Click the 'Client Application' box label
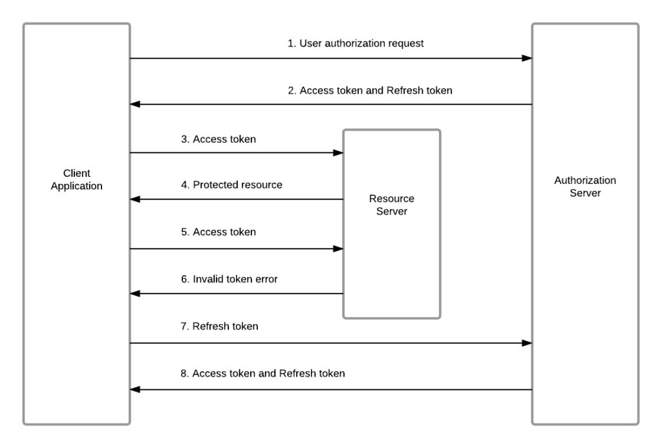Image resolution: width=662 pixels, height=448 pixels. click(77, 180)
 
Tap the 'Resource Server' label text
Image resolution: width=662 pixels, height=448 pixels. click(391, 205)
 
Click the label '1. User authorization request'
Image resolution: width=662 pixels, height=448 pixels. click(356, 44)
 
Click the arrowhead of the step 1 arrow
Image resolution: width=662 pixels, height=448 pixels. click(527, 58)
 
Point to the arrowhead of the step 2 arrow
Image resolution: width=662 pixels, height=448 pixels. click(135, 104)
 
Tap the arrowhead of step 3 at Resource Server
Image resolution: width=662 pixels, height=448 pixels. click(338, 153)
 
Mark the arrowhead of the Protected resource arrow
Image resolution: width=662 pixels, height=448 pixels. click(135, 199)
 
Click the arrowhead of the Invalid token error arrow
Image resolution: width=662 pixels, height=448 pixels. click(135, 294)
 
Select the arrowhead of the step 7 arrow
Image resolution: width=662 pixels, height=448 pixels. click(527, 343)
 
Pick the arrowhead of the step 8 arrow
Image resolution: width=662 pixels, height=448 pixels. click(135, 389)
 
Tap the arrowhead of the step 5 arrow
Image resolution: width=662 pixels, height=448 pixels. click(338, 248)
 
